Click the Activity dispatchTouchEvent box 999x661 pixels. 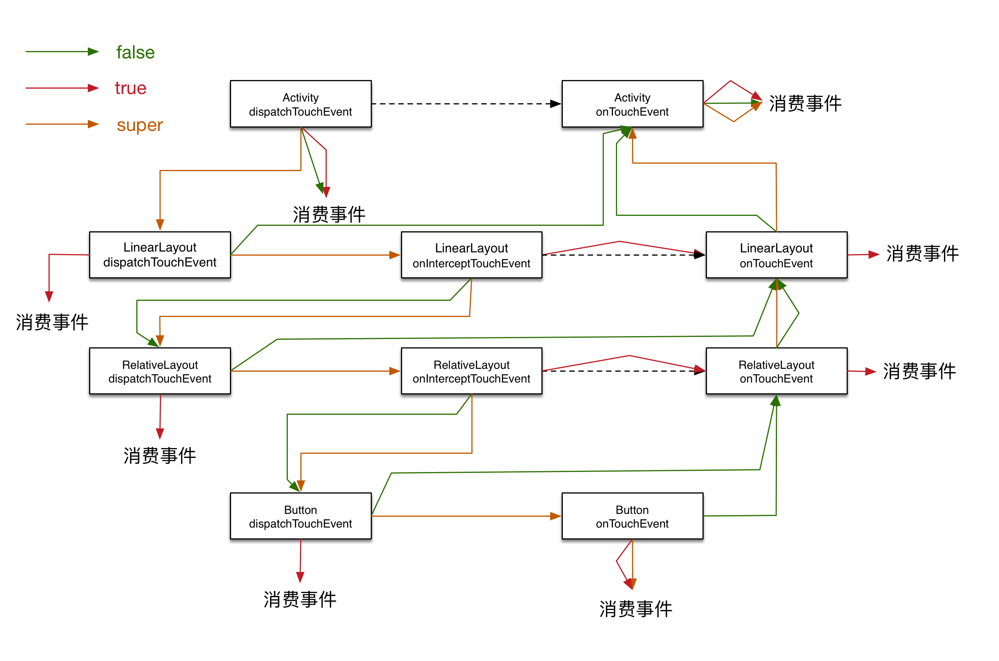(300, 104)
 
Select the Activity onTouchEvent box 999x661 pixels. (632, 104)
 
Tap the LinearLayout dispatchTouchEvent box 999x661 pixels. (160, 254)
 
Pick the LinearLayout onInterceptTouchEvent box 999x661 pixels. (471, 254)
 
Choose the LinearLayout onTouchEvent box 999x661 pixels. (776, 254)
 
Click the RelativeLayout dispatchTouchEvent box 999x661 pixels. (160, 371)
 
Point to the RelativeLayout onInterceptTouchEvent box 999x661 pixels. (471, 371)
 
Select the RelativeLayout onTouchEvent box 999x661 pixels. (776, 371)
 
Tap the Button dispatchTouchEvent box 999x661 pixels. (300, 516)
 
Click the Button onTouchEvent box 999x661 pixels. (632, 516)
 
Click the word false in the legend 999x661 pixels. (135, 52)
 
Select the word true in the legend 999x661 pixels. (130, 88)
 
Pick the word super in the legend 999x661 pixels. (140, 125)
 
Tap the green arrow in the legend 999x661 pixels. (62, 51)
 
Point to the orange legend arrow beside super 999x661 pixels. (62, 124)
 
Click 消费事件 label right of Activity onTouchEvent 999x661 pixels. (805, 103)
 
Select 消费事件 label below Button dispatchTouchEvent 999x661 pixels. (299, 599)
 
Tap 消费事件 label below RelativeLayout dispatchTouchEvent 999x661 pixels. (159, 455)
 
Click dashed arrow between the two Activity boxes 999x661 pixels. (466, 104)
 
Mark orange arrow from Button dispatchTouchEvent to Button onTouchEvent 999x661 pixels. (466, 516)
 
